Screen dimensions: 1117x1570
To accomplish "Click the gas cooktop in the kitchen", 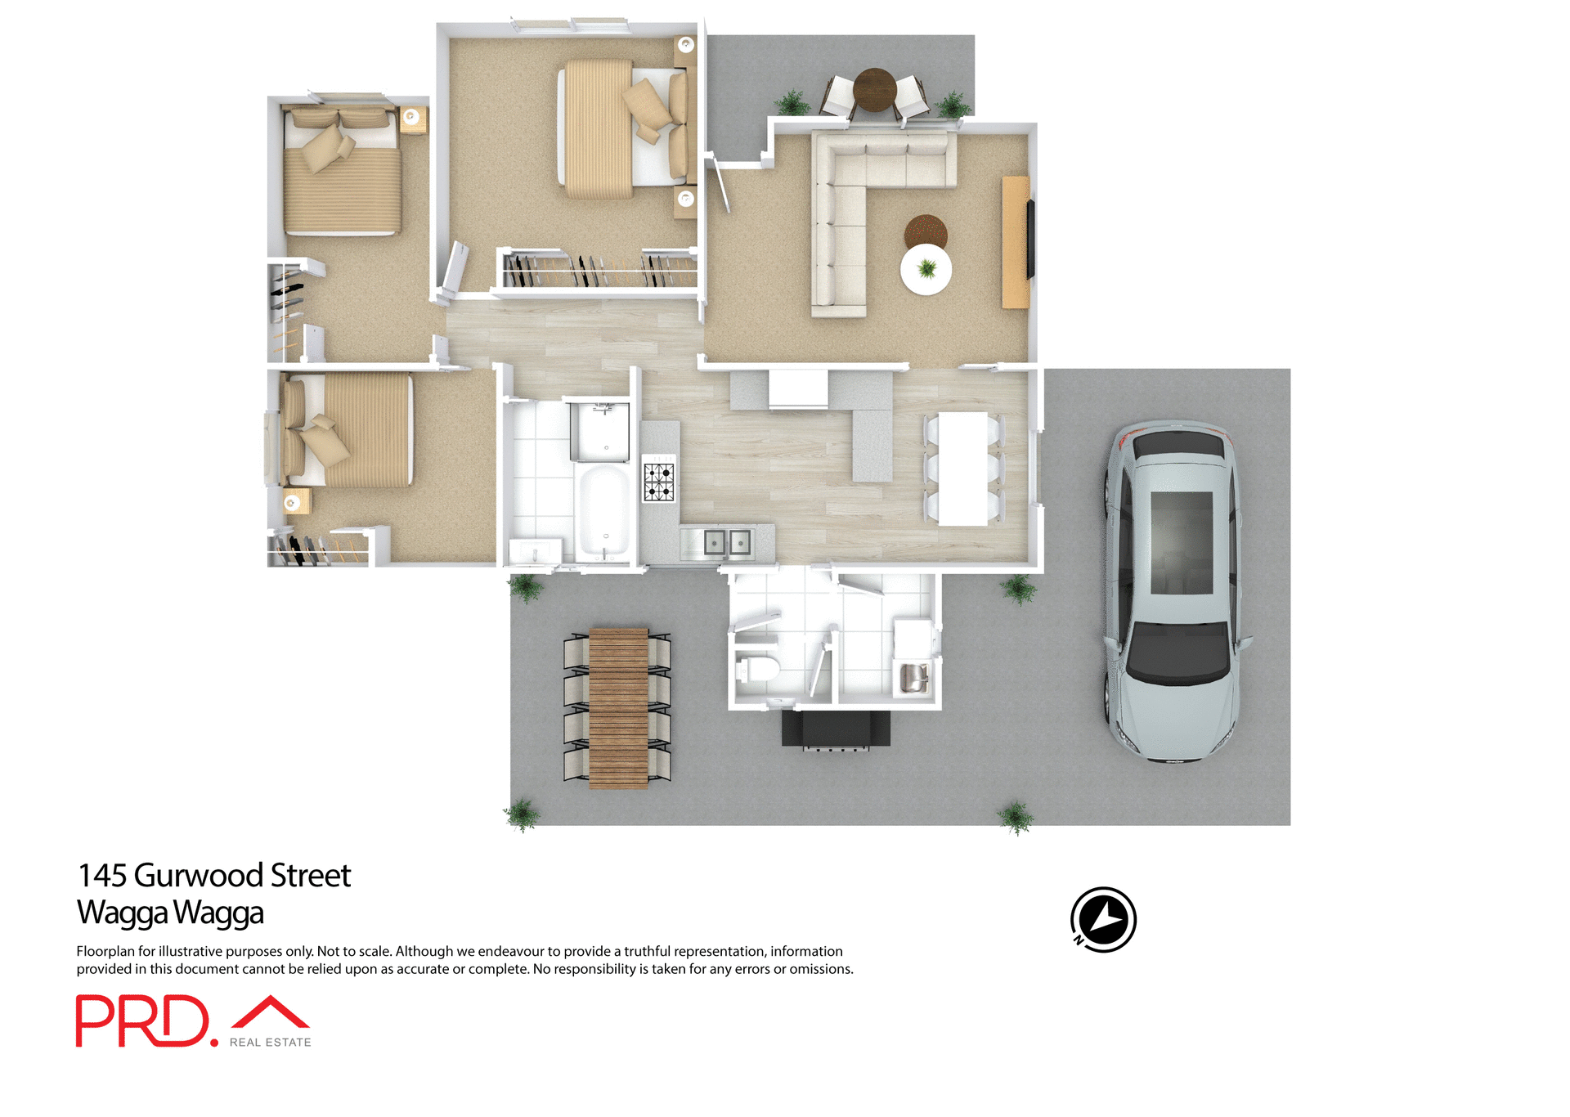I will [658, 482].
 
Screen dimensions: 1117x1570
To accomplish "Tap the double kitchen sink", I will [727, 542].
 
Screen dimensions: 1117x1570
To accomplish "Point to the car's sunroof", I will [1181, 542].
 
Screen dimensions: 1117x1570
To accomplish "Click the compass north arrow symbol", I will [1103, 919].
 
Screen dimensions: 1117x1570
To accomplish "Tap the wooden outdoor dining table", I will [618, 707].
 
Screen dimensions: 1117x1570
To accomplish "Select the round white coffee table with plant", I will [926, 269].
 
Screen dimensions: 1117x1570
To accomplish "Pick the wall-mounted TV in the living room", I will [1030, 240].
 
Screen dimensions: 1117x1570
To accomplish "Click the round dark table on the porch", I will [874, 89].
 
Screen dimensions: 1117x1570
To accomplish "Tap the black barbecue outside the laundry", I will [835, 728].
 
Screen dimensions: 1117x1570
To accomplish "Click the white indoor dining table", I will [962, 468].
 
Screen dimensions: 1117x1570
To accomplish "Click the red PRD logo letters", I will [142, 1021].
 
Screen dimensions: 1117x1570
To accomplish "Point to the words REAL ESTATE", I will [270, 1042].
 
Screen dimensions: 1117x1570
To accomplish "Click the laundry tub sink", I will [913, 678].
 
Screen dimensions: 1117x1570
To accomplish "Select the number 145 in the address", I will [102, 876].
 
